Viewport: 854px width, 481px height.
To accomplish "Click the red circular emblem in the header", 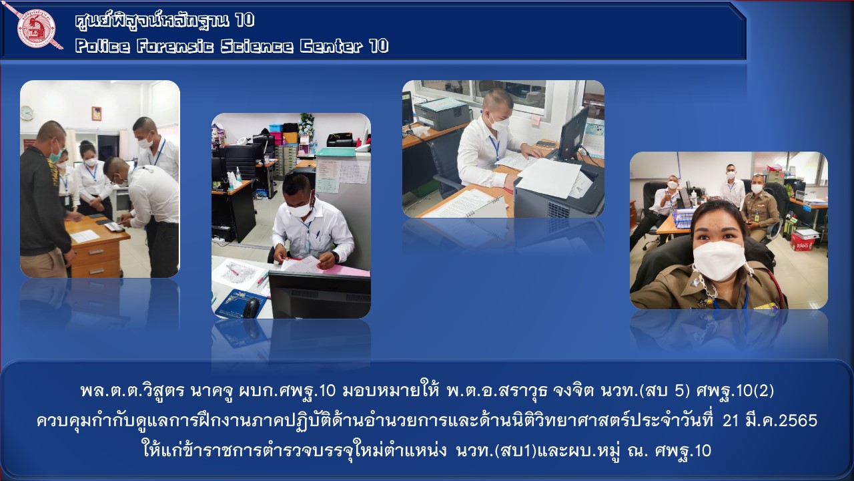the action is click(36, 29).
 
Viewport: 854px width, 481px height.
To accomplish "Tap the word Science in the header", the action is click(257, 46).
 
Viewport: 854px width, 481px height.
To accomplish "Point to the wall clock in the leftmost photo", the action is click(27, 113).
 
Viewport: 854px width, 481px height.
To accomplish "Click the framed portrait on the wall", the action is click(97, 114).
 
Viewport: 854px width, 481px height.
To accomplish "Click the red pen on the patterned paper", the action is click(232, 271).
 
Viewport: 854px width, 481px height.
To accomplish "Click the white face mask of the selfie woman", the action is click(719, 261).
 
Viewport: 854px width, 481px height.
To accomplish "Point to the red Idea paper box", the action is click(802, 241).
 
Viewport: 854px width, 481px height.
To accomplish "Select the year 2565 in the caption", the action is click(802, 420).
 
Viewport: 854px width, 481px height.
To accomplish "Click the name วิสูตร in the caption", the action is click(163, 391).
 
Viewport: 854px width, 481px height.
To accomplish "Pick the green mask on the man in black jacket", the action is click(56, 154).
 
